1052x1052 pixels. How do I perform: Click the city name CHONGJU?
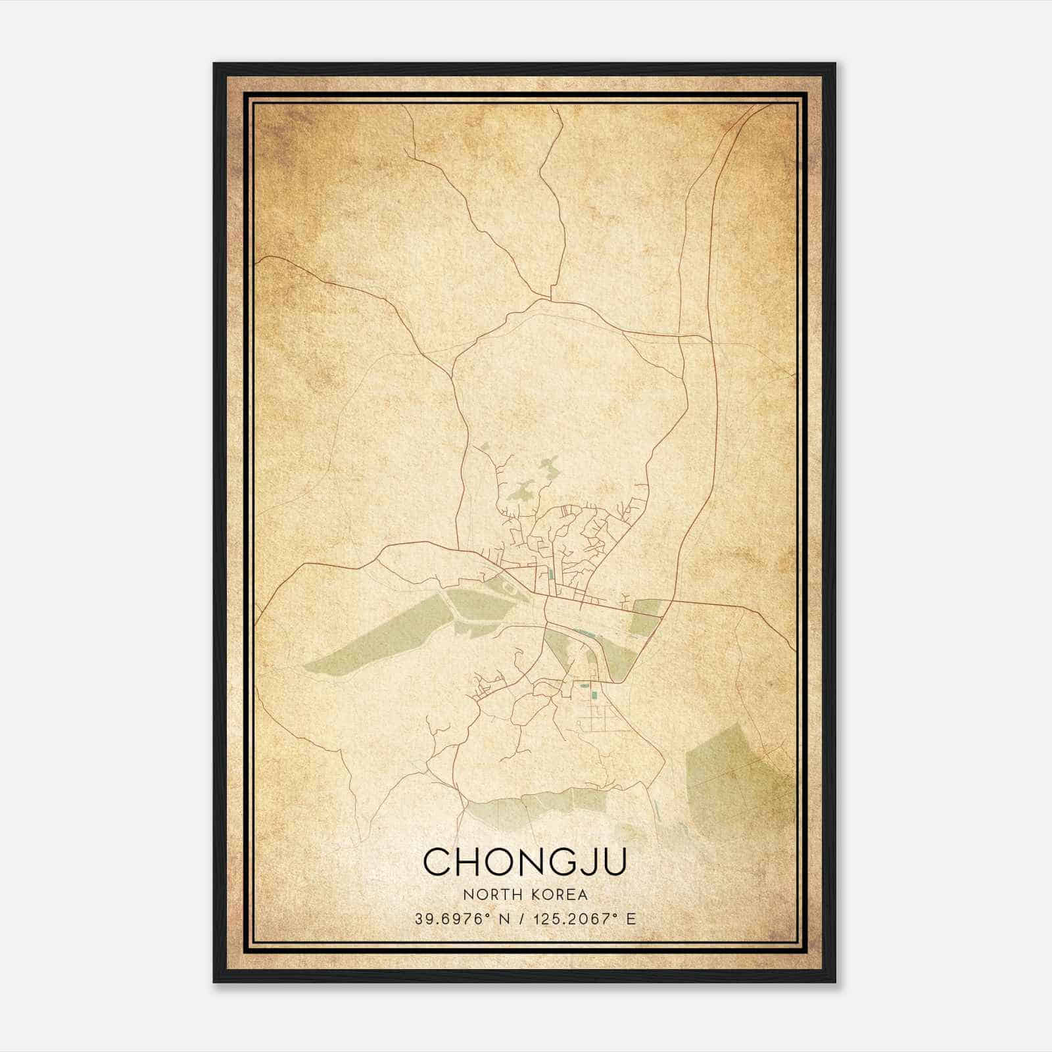[x=525, y=861]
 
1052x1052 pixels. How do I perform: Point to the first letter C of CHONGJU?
[x=437, y=861]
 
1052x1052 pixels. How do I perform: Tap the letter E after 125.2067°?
[x=631, y=919]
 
